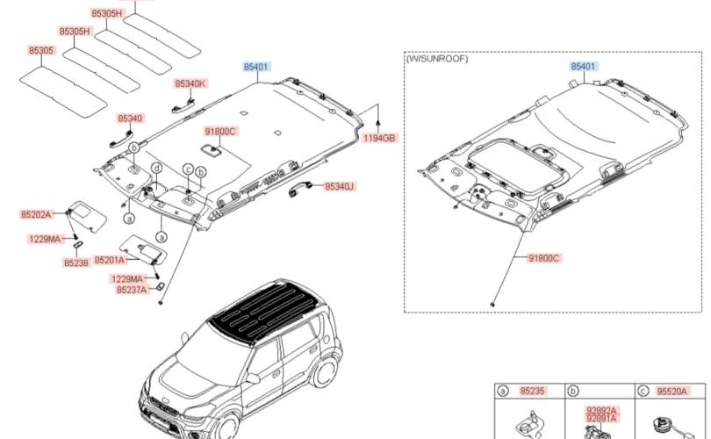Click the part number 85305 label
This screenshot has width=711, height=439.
(42, 51)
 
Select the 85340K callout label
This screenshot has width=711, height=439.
(190, 83)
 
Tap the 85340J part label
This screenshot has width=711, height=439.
(339, 187)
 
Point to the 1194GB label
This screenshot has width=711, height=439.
(380, 138)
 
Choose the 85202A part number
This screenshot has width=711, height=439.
(37, 214)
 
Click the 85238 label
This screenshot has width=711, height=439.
(76, 263)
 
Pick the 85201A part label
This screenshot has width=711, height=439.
(110, 261)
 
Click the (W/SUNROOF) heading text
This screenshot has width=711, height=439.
(437, 59)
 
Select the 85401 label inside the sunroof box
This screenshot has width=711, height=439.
(584, 67)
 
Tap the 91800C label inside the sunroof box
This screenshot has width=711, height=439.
(544, 258)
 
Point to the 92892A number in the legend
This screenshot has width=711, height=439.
(602, 410)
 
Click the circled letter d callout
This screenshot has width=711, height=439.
(156, 167)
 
